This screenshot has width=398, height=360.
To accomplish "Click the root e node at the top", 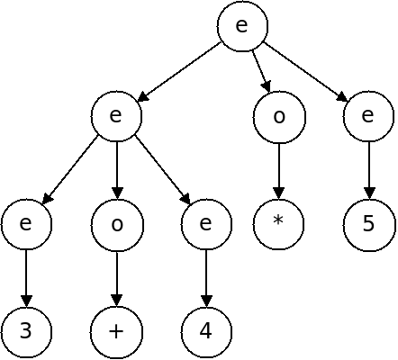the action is [x=242, y=26].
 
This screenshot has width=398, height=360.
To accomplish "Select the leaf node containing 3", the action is [x=26, y=332].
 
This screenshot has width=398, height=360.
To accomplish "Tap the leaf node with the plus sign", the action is [x=117, y=332].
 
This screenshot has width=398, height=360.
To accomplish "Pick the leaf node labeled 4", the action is [x=206, y=332].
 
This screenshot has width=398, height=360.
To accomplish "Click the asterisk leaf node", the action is [x=279, y=224].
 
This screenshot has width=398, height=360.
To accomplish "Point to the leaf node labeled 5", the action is [x=369, y=224].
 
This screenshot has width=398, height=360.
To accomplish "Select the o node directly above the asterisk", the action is [x=279, y=116].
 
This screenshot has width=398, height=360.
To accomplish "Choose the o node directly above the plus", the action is [x=117, y=224].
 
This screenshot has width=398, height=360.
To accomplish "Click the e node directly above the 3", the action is [x=26, y=224].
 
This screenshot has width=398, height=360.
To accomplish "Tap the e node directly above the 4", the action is [x=206, y=224].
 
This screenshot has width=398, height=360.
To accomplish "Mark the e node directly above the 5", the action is [x=369, y=116].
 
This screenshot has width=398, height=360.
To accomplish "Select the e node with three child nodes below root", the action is [x=116, y=116].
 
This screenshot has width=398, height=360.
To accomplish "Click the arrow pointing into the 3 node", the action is [x=26, y=278].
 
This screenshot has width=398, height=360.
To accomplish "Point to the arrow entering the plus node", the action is [x=117, y=278].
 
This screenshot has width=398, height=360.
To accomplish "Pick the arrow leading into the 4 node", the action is [x=206, y=278].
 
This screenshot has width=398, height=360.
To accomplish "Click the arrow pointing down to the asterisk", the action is [x=279, y=170].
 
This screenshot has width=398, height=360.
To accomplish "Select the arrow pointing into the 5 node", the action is [x=369, y=170].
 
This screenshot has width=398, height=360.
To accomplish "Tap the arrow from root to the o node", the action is [x=261, y=71].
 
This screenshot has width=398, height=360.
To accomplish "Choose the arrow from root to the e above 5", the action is [x=305, y=72].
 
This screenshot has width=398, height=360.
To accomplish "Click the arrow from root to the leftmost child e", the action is [x=179, y=72].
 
